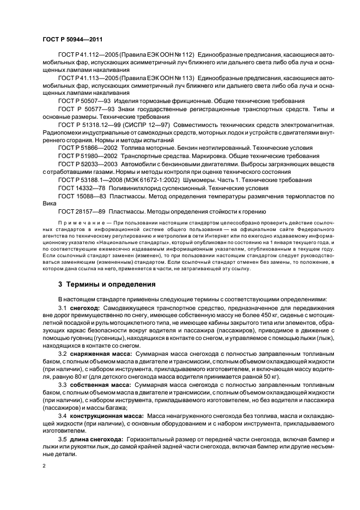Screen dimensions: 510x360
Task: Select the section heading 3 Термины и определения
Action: click(x=107, y=284)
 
